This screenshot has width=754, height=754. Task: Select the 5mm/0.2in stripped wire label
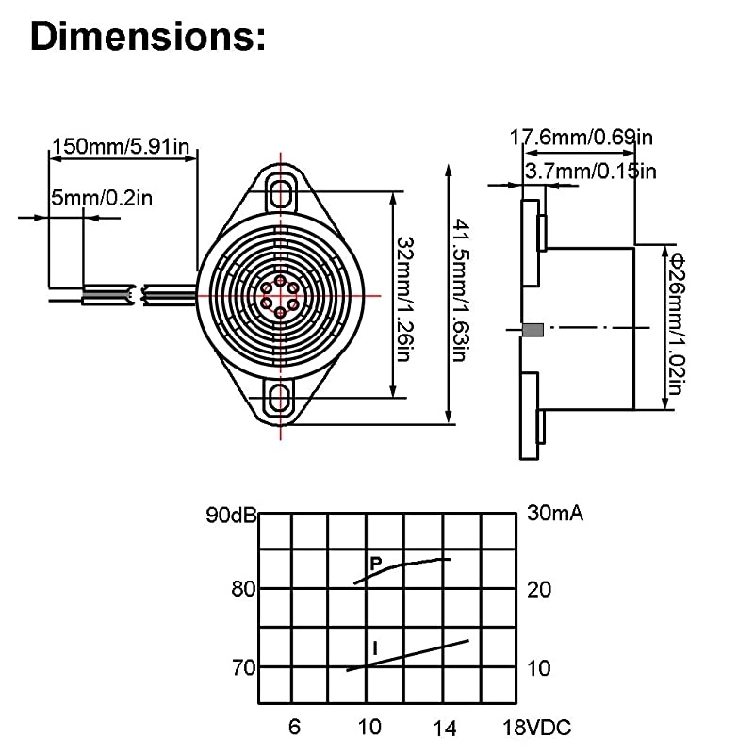[102, 197]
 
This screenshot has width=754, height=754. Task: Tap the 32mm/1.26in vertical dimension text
[403, 298]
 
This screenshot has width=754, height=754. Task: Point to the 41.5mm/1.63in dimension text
[460, 292]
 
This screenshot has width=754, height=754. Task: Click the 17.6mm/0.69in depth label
[580, 137]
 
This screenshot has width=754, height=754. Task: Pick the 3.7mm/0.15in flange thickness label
[590, 170]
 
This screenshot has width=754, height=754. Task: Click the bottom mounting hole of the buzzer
[280, 400]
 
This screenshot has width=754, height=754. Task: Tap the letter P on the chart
[375, 564]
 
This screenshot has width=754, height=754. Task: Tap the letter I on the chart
[375, 647]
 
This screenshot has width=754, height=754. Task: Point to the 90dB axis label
[231, 516]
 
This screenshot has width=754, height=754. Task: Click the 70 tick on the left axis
[243, 667]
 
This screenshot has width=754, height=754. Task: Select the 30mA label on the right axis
[553, 515]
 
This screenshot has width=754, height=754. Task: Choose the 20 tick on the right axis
[537, 589]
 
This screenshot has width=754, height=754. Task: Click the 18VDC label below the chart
[537, 727]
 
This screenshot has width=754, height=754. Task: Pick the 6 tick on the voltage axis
[294, 727]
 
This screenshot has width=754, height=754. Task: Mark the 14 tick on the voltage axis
[446, 727]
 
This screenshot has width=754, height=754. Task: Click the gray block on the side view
[533, 330]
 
